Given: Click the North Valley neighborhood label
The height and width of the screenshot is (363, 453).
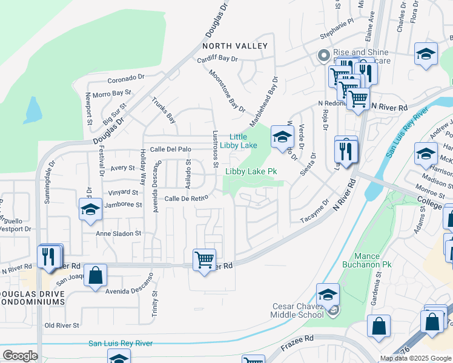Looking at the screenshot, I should [235, 46].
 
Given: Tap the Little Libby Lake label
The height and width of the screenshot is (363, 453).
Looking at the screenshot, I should [243, 141].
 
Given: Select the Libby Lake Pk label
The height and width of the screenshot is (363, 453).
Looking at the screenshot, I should [251, 172].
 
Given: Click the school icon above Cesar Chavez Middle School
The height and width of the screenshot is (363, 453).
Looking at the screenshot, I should [328, 295].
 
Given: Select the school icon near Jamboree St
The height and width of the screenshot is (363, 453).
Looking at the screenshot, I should [90, 209].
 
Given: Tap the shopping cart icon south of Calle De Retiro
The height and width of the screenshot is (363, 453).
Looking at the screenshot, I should [204, 261].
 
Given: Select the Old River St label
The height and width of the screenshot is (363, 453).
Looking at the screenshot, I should [62, 325].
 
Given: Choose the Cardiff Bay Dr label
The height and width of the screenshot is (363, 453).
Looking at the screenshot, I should [218, 59].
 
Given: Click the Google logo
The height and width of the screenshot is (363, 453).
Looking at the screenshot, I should [20, 356].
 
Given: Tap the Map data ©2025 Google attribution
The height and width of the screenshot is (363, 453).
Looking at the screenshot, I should [415, 358].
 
